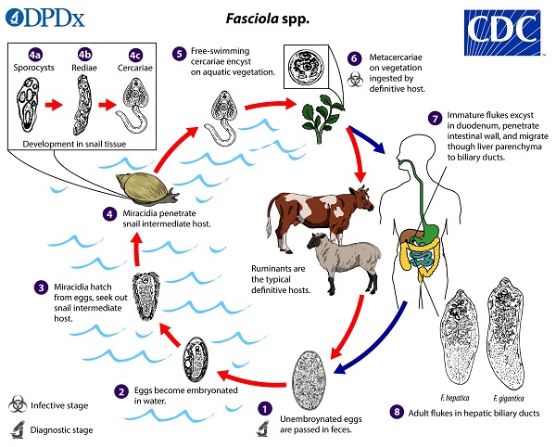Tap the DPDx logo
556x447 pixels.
pyautogui.click(x=45, y=19)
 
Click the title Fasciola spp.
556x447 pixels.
pyautogui.click(x=268, y=19)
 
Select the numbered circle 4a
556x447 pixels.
pyautogui.click(x=35, y=55)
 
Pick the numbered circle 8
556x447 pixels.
pyautogui.click(x=397, y=412)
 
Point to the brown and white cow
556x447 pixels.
pyautogui.click(x=319, y=217)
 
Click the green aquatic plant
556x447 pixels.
pyautogui.click(x=322, y=118)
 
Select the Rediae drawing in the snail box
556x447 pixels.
pyautogui.click(x=82, y=106)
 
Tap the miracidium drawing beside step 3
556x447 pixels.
pyautogui.click(x=145, y=296)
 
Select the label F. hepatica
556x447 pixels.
pyautogui.click(x=455, y=398)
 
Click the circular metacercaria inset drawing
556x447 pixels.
pyautogui.click(x=306, y=67)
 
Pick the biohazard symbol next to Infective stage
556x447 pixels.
pyautogui.click(x=18, y=404)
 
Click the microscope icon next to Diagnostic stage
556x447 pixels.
pyautogui.click(x=18, y=429)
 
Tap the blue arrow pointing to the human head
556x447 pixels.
pyautogui.click(x=366, y=140)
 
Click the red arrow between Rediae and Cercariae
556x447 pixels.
pyautogui.click(x=107, y=105)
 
